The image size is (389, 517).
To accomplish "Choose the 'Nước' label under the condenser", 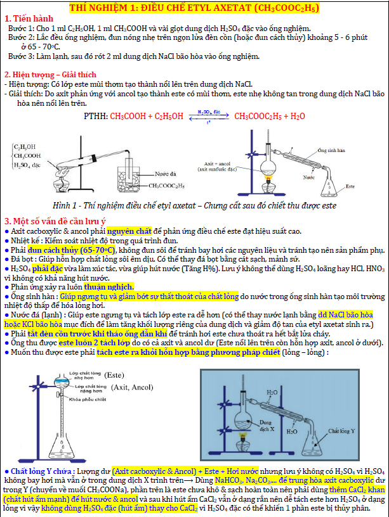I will pyautogui.click(x=308, y=178).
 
